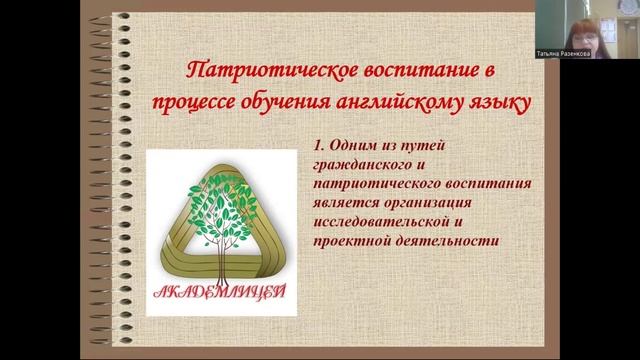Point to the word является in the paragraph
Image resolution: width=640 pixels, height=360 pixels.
pyautogui.click(x=344, y=203)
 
